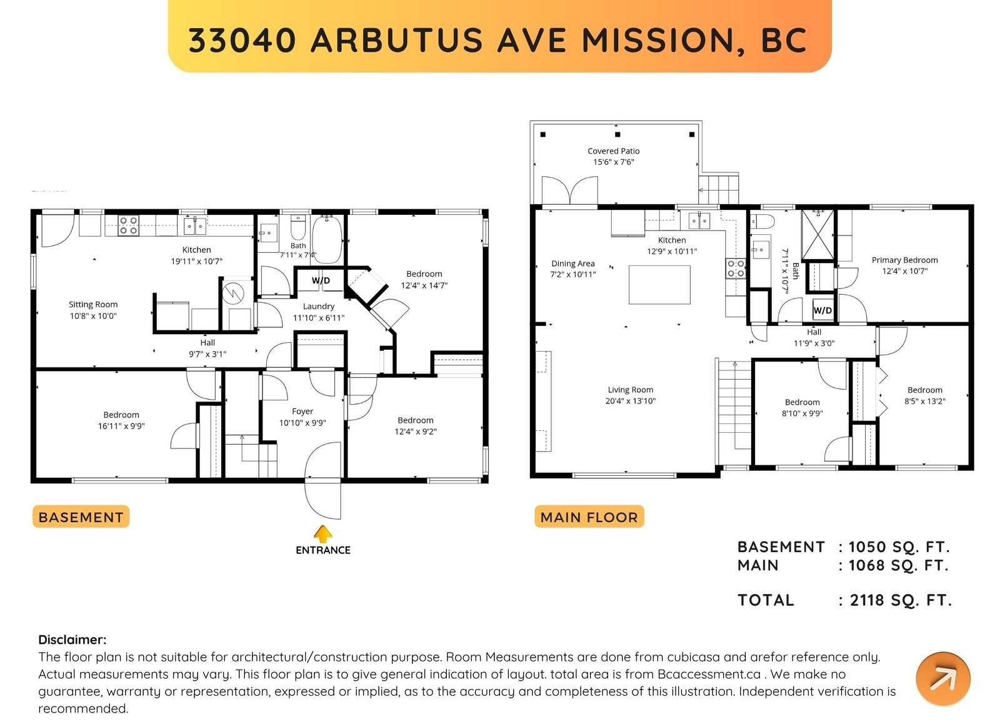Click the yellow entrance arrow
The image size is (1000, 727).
322,533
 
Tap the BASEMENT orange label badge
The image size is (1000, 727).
81,517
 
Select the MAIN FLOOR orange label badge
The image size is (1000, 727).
589,517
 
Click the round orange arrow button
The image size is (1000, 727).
943,680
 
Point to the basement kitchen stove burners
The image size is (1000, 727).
128,225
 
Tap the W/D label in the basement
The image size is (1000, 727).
321,280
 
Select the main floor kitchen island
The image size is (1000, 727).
659,285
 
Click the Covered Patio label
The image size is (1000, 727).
613,151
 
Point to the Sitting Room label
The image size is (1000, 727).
93,305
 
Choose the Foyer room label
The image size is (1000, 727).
302,412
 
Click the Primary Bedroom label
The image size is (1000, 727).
904,260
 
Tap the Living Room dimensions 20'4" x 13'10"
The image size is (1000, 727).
631,401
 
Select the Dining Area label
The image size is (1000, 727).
572,264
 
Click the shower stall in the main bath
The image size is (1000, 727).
818,235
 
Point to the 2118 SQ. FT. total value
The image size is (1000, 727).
901,600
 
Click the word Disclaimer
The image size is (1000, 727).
72,640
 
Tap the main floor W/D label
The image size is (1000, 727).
822,310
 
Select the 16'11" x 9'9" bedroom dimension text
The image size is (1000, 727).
121,427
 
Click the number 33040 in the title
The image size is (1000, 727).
242,40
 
